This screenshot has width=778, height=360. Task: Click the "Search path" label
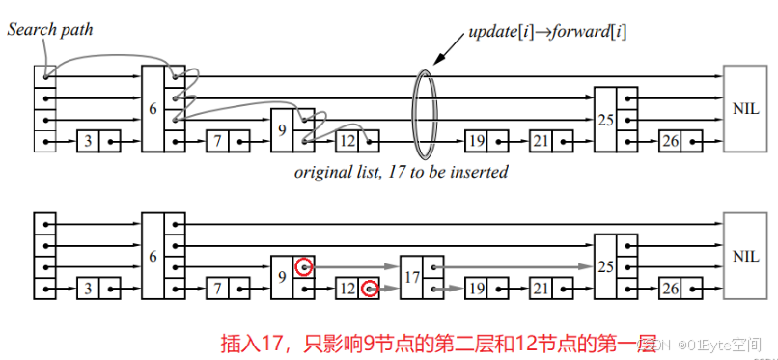point(49,29)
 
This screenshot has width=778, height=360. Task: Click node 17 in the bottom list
point(411,277)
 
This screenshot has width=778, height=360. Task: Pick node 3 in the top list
point(88,141)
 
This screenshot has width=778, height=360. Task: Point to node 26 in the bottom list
point(670,288)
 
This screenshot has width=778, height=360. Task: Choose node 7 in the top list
point(218,141)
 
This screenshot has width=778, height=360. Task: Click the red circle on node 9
point(304,266)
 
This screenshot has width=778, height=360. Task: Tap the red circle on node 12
point(369,288)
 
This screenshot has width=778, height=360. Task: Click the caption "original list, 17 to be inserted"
point(401,173)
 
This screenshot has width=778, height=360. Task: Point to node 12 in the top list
point(348,141)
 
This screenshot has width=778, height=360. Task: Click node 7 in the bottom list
point(218,288)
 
